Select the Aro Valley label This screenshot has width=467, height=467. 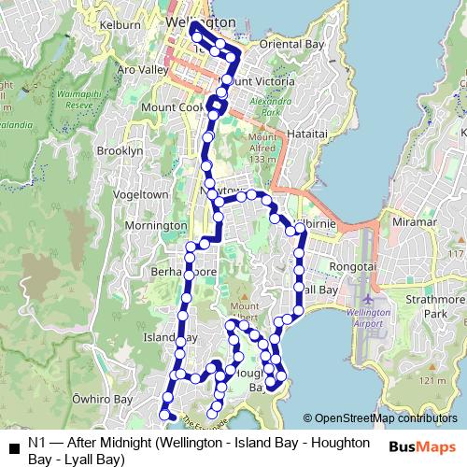point(141,69)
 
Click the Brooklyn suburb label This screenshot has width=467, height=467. point(120,150)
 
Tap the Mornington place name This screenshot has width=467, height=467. point(156,225)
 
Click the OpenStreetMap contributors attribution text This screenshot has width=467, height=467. point(381,419)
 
